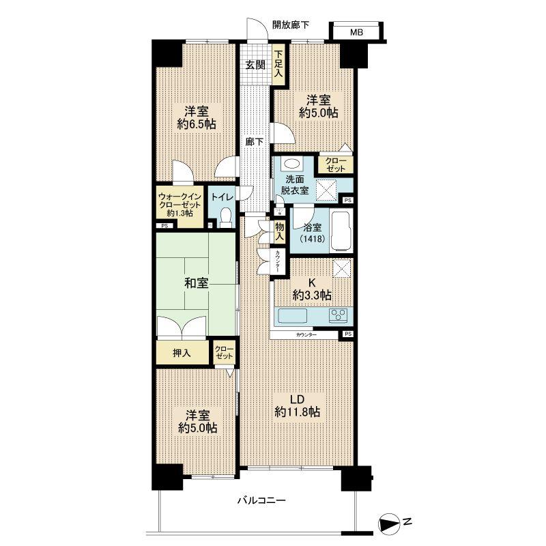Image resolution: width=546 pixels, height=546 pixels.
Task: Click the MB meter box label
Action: (x=357, y=31)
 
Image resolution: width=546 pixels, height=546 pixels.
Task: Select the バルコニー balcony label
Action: (x=262, y=500)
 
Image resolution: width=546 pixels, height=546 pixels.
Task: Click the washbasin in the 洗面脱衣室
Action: (x=293, y=165)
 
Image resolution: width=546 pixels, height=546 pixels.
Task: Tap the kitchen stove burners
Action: (x=339, y=315)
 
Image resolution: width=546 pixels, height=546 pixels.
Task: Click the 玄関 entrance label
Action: (x=255, y=66)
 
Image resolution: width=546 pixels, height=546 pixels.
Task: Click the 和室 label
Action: (x=195, y=283)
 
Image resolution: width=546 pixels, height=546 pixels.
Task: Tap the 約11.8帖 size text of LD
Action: (x=298, y=412)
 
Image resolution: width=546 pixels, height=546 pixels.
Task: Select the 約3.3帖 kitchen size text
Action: (x=313, y=295)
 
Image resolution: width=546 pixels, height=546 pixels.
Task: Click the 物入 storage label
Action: (x=278, y=230)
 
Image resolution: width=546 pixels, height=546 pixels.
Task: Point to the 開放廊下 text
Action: (x=290, y=25)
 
